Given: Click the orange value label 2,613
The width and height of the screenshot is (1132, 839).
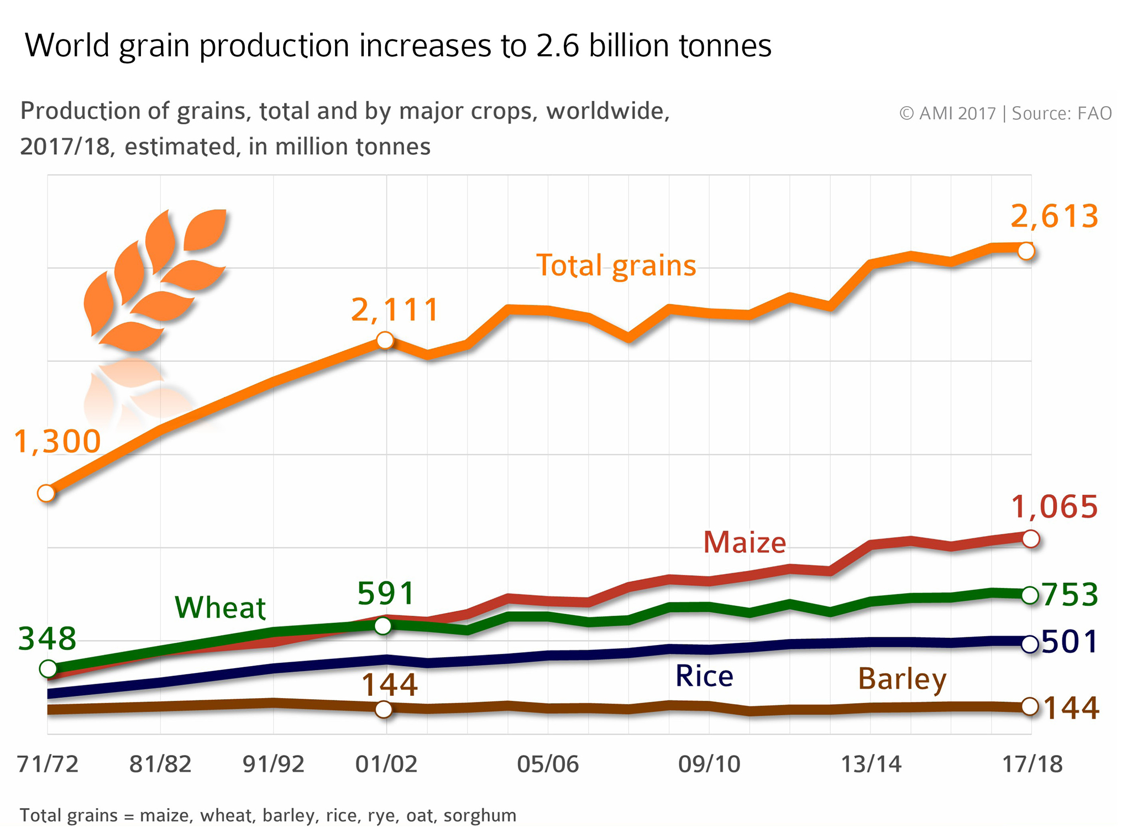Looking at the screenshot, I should pyautogui.click(x=1054, y=216).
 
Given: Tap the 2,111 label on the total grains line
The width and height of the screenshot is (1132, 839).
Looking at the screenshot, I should pyautogui.click(x=395, y=310).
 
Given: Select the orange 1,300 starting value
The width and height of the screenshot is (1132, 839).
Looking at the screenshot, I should pyautogui.click(x=57, y=442).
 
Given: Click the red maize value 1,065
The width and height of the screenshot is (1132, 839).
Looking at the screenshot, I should pyautogui.click(x=1054, y=507).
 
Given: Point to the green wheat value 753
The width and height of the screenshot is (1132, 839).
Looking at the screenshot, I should pyautogui.click(x=1070, y=595).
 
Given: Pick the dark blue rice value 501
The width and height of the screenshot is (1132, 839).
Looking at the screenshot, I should pyautogui.click(x=1070, y=642).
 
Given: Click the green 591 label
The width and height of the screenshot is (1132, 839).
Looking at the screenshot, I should pyautogui.click(x=386, y=594).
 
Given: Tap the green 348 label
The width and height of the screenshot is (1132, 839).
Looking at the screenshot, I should pyautogui.click(x=48, y=639).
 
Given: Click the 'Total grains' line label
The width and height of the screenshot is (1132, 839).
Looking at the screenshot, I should pyautogui.click(x=616, y=266).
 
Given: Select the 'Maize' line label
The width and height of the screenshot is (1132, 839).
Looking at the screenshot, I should pyautogui.click(x=745, y=542).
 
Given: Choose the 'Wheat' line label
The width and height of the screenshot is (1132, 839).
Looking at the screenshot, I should pyautogui.click(x=220, y=607).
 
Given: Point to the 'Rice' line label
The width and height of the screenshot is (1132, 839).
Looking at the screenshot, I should pyautogui.click(x=704, y=676).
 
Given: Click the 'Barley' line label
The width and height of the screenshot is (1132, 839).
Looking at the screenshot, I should pyautogui.click(x=902, y=679).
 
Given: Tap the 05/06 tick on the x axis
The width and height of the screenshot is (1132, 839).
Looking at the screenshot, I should pyautogui.click(x=548, y=764).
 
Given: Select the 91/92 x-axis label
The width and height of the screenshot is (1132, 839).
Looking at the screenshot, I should pyautogui.click(x=274, y=764).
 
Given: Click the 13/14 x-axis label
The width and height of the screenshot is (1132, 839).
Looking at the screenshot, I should pyautogui.click(x=871, y=764).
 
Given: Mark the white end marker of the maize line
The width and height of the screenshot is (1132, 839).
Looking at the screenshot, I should pyautogui.click(x=1030, y=538).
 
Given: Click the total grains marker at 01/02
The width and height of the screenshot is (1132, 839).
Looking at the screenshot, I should pyautogui.click(x=385, y=340).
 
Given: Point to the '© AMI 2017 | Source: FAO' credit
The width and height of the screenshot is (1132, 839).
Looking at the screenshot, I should pyautogui.click(x=1005, y=113).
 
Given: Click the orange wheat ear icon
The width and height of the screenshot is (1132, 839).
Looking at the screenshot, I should pyautogui.click(x=155, y=279).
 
